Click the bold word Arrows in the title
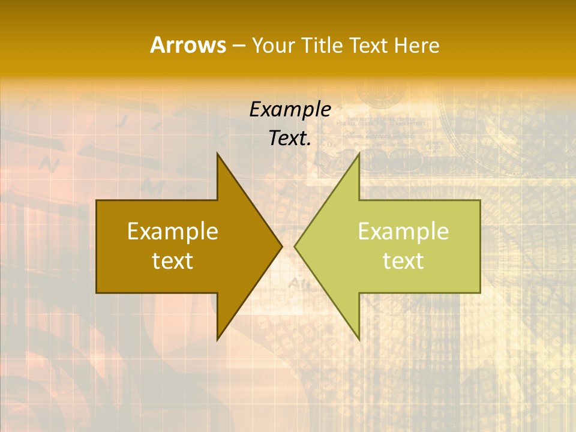(188, 45)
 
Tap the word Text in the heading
(369, 46)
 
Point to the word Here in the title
(417, 46)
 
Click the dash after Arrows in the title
(238, 46)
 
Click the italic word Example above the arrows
(290, 109)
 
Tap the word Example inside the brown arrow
(173, 231)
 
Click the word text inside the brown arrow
(173, 260)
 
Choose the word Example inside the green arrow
(403, 231)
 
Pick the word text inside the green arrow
(403, 260)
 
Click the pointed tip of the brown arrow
(282, 246)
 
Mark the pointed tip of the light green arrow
(295, 246)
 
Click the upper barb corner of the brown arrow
(217, 154)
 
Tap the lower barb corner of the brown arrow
(217, 340)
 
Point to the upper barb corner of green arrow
(359, 154)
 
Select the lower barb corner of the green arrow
(359, 340)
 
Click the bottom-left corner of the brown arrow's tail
(97, 293)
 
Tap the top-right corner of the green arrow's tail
(480, 200)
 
